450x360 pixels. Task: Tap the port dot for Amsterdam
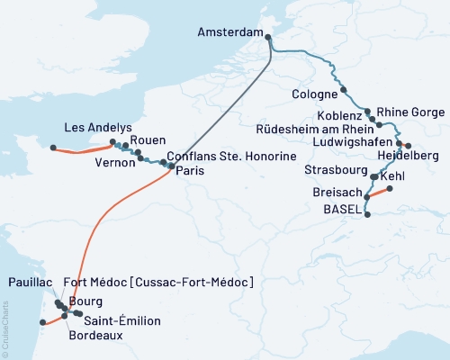coord(268,35)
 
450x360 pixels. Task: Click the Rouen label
coord(147,139)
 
